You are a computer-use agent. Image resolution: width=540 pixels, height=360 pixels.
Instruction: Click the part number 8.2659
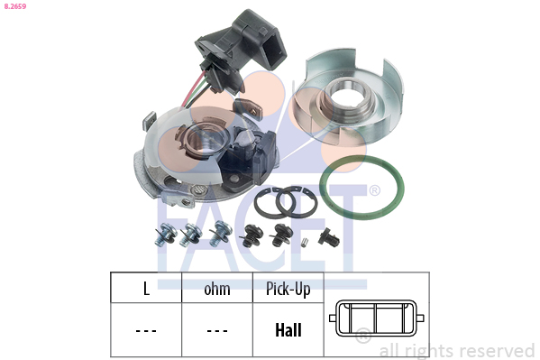pyautogui.click(x=15, y=6)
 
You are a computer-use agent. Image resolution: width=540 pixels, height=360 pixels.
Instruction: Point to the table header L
pyautogui.click(x=146, y=289)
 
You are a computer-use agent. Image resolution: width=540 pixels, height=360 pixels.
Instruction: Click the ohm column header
pyautogui.click(x=217, y=289)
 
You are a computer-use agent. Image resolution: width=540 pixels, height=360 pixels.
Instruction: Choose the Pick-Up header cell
pyautogui.click(x=288, y=289)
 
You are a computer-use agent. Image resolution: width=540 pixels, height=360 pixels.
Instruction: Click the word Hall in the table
pyautogui.click(x=288, y=330)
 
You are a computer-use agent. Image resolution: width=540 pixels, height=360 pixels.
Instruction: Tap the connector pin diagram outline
pyautogui.click(x=377, y=318)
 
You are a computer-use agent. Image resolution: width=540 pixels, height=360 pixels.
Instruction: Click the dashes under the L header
pyautogui.click(x=146, y=331)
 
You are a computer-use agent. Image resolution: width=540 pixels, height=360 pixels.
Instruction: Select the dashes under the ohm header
pyautogui.click(x=217, y=331)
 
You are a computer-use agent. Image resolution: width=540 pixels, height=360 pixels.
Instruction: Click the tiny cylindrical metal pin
pyautogui.click(x=304, y=242)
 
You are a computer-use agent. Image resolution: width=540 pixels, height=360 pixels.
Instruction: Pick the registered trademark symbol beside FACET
pyautogui.click(x=374, y=190)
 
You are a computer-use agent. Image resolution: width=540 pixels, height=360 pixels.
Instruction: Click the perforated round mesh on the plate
pyautogui.click(x=199, y=189)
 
